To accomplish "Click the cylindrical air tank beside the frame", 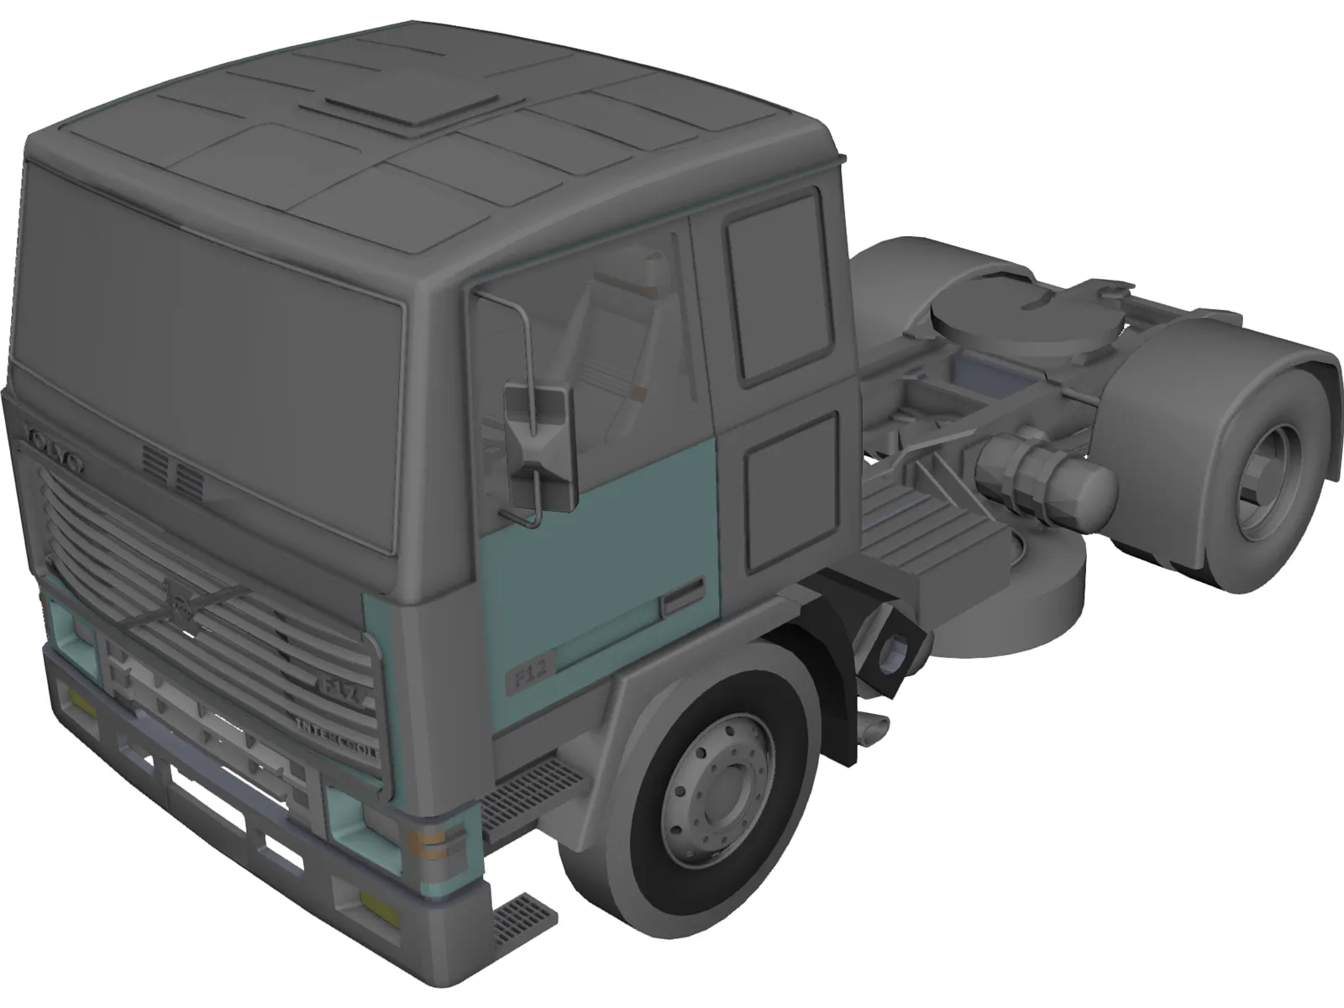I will click(1046, 478).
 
